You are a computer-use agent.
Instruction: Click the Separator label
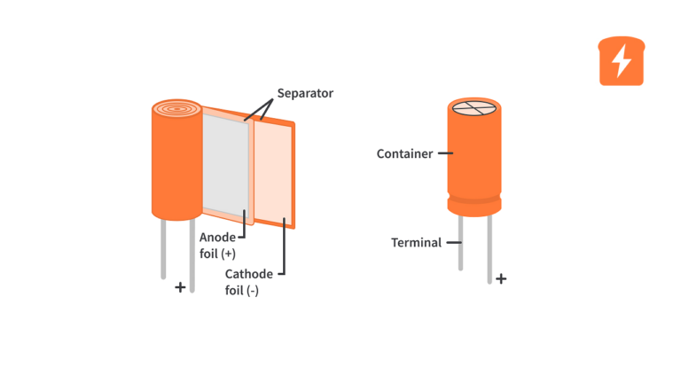(x=305, y=93)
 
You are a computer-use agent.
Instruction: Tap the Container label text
(x=404, y=153)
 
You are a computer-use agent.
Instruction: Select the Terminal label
(x=416, y=242)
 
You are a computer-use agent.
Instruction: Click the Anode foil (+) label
(x=217, y=245)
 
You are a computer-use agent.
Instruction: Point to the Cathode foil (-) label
(x=248, y=282)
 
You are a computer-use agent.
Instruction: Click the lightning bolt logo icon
(x=622, y=61)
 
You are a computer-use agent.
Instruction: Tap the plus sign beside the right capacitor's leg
(x=501, y=278)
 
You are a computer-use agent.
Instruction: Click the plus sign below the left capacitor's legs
(x=180, y=287)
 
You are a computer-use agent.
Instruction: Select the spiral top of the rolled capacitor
(x=176, y=110)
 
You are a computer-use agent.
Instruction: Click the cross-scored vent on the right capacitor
(x=474, y=108)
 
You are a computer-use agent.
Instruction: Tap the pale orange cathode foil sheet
(x=273, y=174)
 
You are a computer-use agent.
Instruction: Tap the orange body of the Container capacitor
(x=474, y=155)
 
